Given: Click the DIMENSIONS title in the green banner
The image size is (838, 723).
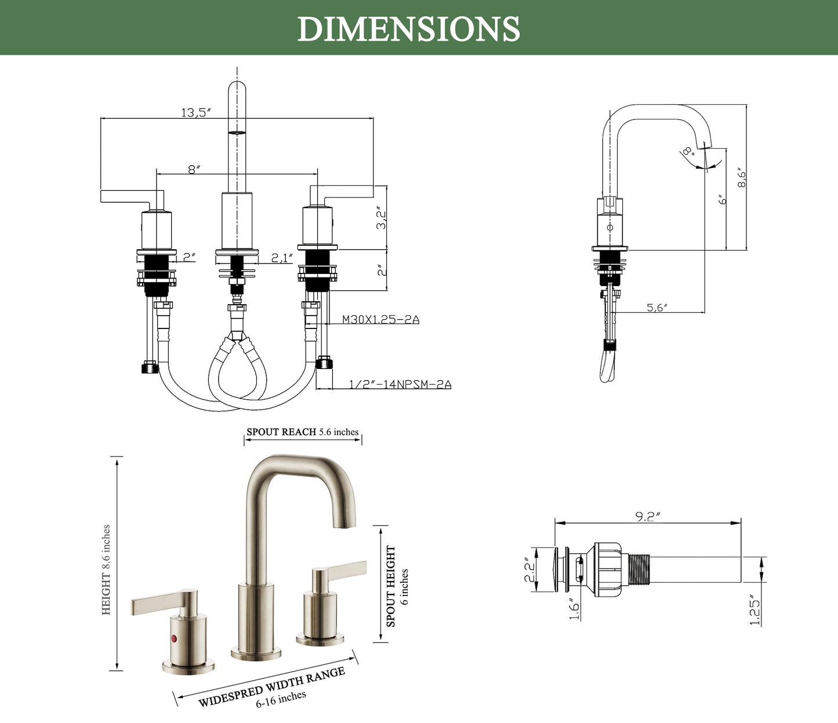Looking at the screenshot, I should (409, 28).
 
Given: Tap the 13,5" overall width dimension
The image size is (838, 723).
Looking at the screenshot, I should (195, 112).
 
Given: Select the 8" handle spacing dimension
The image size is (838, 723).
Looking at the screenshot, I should (194, 169).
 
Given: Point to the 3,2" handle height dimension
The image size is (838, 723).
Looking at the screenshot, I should (381, 218).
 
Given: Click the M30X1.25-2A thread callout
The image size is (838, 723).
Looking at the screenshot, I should (380, 319).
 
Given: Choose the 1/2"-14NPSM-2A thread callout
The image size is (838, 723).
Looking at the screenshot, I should (400, 384).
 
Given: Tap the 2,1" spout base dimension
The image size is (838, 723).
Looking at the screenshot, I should (282, 258).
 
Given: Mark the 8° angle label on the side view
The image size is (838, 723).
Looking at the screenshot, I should (688, 152).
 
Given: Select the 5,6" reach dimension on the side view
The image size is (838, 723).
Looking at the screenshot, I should (657, 308).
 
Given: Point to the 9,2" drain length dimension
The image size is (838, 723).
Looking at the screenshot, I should (648, 517).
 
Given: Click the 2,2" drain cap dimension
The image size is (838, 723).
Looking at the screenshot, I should (529, 570).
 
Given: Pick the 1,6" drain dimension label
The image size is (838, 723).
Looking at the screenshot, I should (574, 609).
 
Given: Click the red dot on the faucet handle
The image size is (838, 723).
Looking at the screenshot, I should (172, 638).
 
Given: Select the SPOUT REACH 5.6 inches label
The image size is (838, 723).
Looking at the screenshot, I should (302, 432).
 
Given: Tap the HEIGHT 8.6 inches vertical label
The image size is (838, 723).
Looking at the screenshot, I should (106, 570).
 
